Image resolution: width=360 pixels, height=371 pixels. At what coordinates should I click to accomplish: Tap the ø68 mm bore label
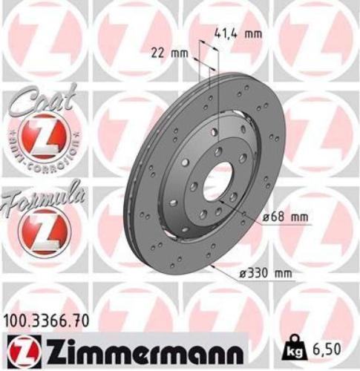286,217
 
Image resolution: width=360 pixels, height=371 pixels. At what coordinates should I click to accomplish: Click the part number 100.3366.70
48,321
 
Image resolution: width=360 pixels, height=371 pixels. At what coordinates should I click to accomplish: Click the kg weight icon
295,347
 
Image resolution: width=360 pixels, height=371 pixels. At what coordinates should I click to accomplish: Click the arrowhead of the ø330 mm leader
212,263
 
